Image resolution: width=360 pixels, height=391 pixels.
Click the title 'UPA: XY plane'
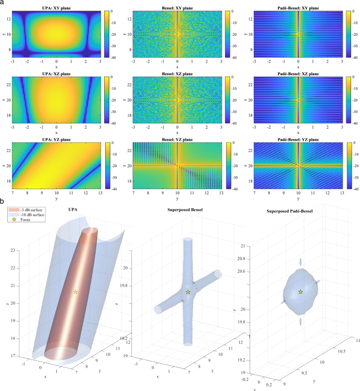(56, 7)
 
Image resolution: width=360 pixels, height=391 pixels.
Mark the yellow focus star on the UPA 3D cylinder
(76, 292)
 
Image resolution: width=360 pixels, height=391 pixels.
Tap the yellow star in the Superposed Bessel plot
(188, 292)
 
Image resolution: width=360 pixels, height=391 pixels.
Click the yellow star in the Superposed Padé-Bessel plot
(301, 292)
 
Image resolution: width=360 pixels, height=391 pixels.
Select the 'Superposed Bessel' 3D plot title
(188, 209)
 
